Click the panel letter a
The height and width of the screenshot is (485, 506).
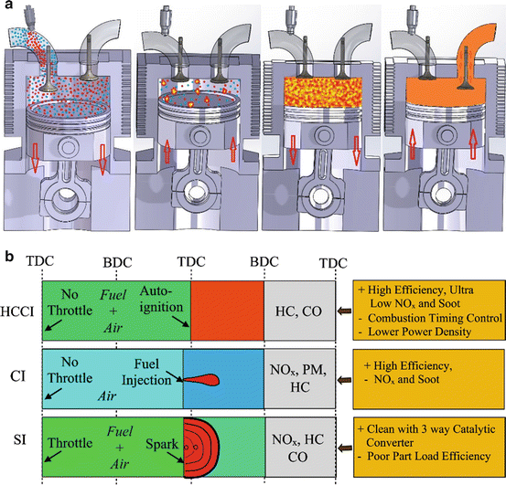[x=6, y=6]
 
